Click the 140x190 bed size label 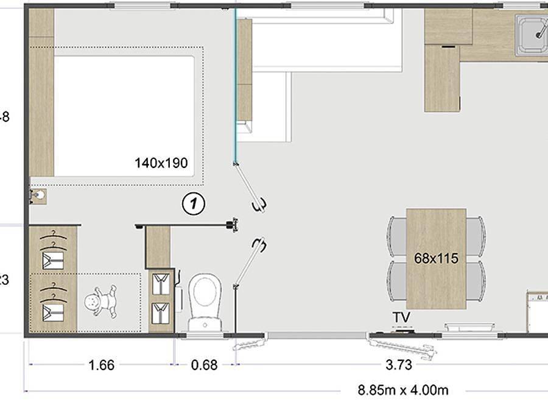(161, 163)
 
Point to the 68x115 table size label (436, 258)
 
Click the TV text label (401, 317)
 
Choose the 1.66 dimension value (101, 365)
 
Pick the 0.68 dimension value (204, 365)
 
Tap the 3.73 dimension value (399, 365)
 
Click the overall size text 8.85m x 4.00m (403, 390)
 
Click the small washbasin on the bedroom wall (38, 195)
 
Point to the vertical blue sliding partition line (235, 85)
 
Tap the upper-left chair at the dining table (396, 236)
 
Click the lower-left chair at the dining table (396, 279)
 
